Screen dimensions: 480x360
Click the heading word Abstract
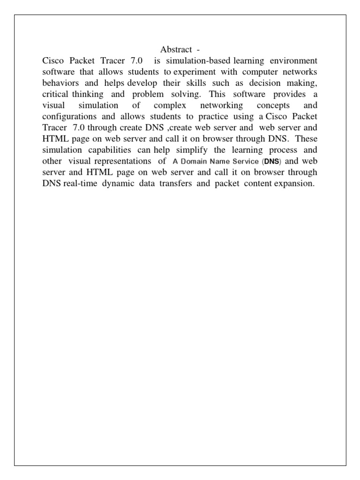pyautogui.click(x=176, y=50)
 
